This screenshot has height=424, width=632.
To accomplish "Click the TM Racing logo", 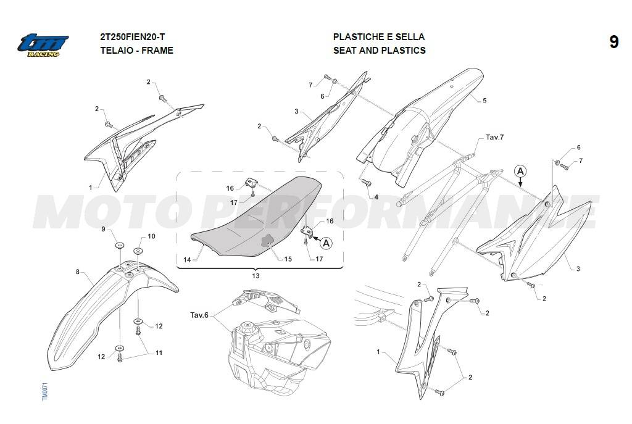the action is click(x=43, y=44).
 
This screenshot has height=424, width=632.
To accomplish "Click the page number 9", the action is click(x=613, y=42).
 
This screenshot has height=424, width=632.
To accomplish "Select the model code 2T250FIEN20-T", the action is click(x=133, y=36).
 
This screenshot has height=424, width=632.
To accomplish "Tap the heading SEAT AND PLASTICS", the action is click(x=380, y=51).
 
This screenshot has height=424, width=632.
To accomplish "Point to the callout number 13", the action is click(x=256, y=276).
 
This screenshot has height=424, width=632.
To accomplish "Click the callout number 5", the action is click(x=484, y=101).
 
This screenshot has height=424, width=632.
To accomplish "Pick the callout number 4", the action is click(x=376, y=197).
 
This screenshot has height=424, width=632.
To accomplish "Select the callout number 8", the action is click(x=78, y=272).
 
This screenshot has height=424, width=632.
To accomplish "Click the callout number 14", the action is click(x=187, y=260).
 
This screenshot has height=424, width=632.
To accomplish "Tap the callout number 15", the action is click(x=288, y=259).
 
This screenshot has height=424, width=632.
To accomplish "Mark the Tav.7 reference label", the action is click(x=494, y=137).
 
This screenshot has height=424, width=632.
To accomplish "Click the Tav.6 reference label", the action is click(x=199, y=315).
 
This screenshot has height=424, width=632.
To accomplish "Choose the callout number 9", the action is click(x=103, y=229).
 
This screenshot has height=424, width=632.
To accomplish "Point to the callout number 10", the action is click(x=151, y=236).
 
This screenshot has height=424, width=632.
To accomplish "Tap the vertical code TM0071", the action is click(x=44, y=391).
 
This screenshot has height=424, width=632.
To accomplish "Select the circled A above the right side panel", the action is click(x=520, y=172).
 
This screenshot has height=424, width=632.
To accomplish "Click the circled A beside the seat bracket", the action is click(x=326, y=243).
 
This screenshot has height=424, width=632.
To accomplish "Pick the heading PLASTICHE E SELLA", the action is click(x=379, y=36).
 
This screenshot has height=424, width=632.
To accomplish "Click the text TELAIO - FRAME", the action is click(x=136, y=51).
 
